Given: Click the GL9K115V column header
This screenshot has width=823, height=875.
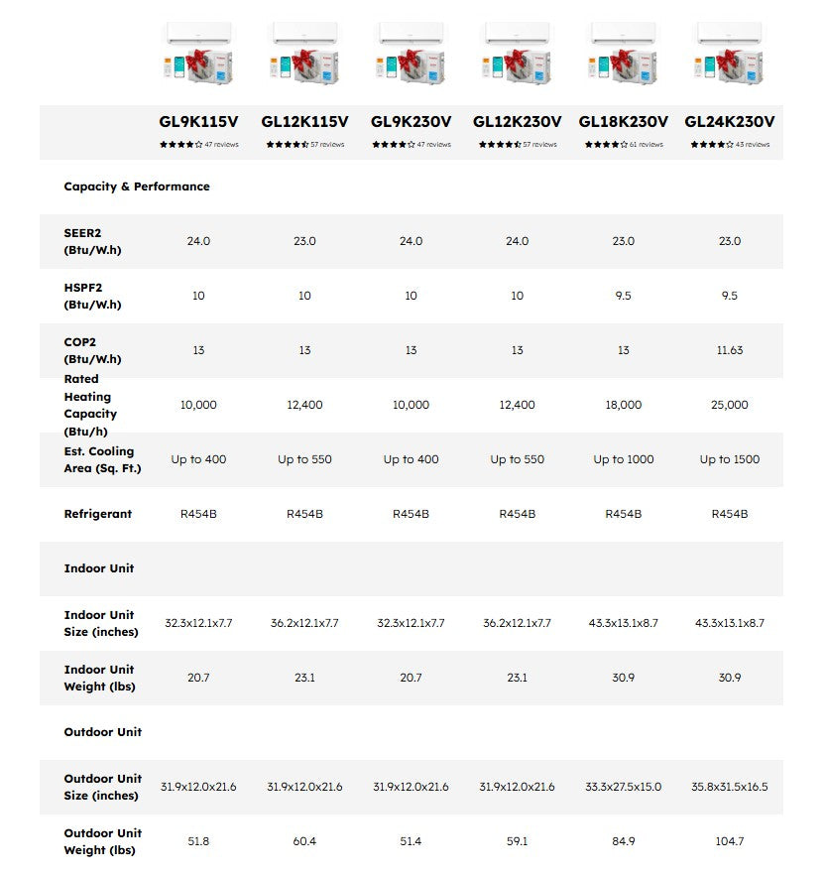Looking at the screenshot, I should pyautogui.click(x=198, y=122).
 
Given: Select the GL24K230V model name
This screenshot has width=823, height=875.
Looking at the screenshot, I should pyautogui.click(x=730, y=122).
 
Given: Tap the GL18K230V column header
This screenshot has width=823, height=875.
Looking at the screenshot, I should pyautogui.click(x=623, y=122).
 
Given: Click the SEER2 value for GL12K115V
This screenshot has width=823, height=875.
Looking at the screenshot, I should pyautogui.click(x=304, y=241).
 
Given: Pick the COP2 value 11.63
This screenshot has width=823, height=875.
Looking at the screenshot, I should pyautogui.click(x=730, y=350).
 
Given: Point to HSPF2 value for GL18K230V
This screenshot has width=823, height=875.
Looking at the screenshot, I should pyautogui.click(x=623, y=296).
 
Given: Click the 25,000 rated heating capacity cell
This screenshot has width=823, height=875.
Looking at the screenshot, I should pyautogui.click(x=730, y=405).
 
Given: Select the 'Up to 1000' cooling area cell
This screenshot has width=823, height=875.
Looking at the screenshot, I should pyautogui.click(x=623, y=459).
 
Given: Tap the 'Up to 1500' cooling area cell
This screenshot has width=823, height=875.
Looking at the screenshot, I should pyautogui.click(x=730, y=459).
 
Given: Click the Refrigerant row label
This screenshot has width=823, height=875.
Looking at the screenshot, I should pyautogui.click(x=98, y=514).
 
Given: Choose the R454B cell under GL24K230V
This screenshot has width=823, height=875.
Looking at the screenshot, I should pyautogui.click(x=730, y=514).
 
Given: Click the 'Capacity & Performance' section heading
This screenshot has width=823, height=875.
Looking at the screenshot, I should pyautogui.click(x=137, y=187).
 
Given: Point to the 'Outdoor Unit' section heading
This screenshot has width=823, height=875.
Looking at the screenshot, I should pyautogui.click(x=103, y=732).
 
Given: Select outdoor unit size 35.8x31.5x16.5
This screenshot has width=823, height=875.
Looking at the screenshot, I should pyautogui.click(x=730, y=787).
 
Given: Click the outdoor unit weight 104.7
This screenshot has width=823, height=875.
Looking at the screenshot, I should pyautogui.click(x=730, y=841).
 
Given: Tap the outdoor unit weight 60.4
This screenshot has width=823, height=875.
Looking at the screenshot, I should pyautogui.click(x=304, y=841).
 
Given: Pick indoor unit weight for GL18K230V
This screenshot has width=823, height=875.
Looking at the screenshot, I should pyautogui.click(x=623, y=678).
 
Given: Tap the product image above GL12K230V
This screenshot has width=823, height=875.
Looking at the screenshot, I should pyautogui.click(x=517, y=54).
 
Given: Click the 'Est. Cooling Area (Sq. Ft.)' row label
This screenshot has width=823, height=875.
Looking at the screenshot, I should pyautogui.click(x=102, y=459).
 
